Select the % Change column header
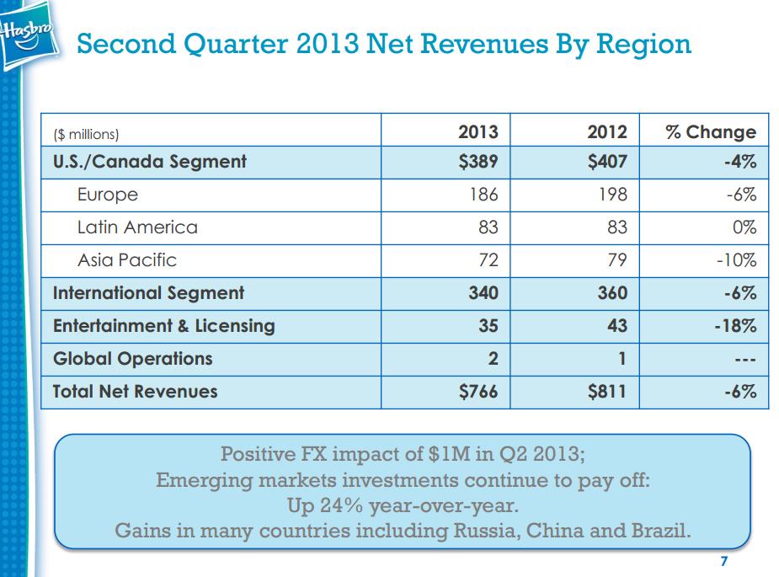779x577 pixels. click(710, 131)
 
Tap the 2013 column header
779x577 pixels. click(478, 131)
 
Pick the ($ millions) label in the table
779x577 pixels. click(86, 133)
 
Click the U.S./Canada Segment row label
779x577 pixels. click(149, 162)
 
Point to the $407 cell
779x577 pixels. click(607, 162)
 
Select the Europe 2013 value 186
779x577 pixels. click(483, 195)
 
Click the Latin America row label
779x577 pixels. click(137, 227)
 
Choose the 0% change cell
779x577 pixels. click(744, 227)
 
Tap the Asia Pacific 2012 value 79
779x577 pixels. click(616, 260)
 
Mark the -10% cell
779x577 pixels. click(736, 260)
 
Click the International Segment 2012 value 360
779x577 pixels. click(611, 293)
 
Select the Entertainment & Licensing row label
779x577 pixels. click(163, 326)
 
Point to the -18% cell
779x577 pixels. click(735, 326)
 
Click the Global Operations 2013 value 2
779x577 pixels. click(493, 359)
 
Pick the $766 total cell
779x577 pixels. click(478, 392)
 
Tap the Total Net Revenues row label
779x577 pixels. click(135, 392)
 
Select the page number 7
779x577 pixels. click(724, 562)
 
